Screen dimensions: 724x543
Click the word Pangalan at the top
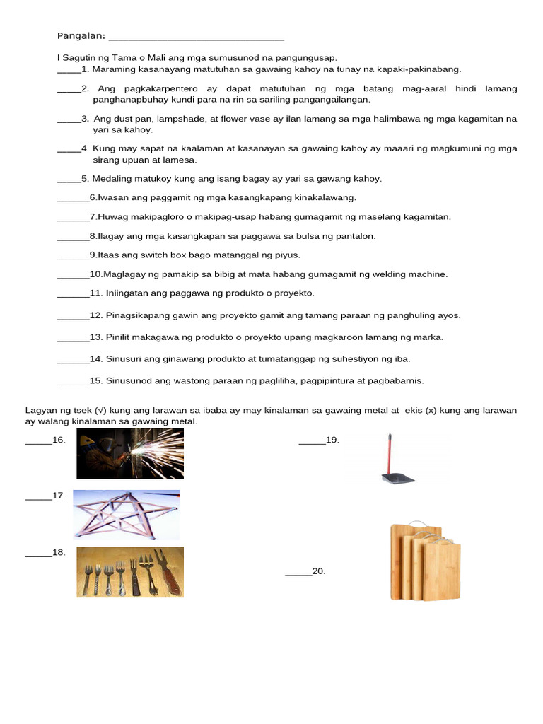pyautogui.click(x=80, y=36)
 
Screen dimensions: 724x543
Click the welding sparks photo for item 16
pyautogui.click(x=130, y=453)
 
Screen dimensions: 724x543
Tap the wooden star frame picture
pyautogui.click(x=126, y=515)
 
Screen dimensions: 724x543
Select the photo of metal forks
pyautogui.click(x=130, y=571)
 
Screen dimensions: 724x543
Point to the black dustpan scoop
pyautogui.click(x=397, y=478)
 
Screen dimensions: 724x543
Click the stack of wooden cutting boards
pyautogui.click(x=425, y=561)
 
